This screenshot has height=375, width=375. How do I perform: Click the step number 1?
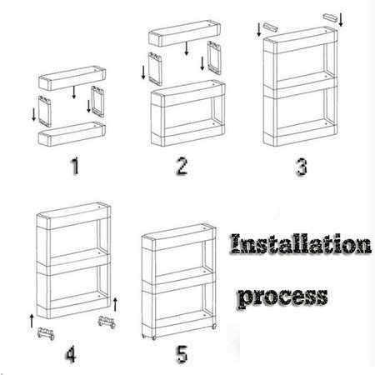point(75,166)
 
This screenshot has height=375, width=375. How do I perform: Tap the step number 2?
point(182,166)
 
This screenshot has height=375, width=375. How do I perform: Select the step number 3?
point(302,167)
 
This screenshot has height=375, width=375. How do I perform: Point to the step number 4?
point(71,354)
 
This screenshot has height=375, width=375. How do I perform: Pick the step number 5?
point(182,353)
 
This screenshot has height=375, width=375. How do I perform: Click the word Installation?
point(301,244)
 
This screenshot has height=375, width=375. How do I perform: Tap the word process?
point(282,297)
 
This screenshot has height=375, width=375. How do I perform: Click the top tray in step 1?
point(72,77)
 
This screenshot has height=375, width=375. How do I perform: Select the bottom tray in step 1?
point(72,133)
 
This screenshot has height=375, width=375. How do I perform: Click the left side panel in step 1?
point(45,111)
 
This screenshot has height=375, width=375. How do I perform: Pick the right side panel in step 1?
point(97,102)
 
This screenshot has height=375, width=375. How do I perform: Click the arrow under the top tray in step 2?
point(187,48)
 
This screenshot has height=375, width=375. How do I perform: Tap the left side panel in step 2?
point(155,69)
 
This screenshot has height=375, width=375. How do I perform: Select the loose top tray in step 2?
point(185,32)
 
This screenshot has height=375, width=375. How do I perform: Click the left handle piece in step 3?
point(270,27)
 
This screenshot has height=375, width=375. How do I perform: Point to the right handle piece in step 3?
point(330,17)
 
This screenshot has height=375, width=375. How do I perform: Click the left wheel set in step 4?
point(46,333)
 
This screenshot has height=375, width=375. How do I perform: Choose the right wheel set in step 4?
point(107,322)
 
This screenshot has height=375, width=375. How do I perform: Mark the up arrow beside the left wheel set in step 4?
point(32,321)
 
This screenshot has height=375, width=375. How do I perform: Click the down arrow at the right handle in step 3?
point(341,20)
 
